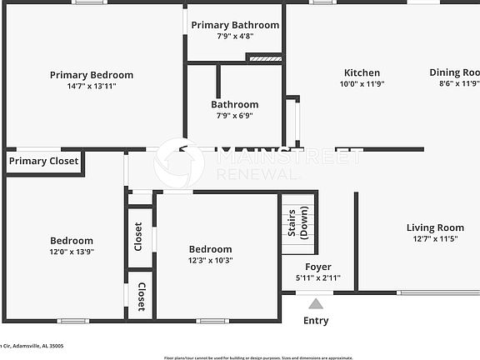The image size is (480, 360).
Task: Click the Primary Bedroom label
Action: tap(91, 75)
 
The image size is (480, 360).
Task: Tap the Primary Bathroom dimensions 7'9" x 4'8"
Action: tap(234, 36)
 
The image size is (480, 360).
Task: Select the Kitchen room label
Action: tap(360, 73)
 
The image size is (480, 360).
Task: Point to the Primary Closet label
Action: tap(44, 161)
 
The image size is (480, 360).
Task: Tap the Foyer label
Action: tap(317, 267)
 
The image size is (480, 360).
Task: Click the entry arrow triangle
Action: tap(315, 304)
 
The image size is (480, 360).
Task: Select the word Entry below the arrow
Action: tap(316, 321)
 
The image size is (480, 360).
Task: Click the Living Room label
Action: tap(435, 228)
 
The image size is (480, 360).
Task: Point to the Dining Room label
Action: tap(454, 73)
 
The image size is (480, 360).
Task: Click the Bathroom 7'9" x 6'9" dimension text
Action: tap(234, 116)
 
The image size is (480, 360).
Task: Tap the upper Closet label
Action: tap(139, 236)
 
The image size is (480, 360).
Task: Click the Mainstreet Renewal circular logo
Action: tap(179, 163)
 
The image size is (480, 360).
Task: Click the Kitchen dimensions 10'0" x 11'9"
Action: tap(360, 84)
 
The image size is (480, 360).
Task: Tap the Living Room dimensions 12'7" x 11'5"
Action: tap(435, 239)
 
